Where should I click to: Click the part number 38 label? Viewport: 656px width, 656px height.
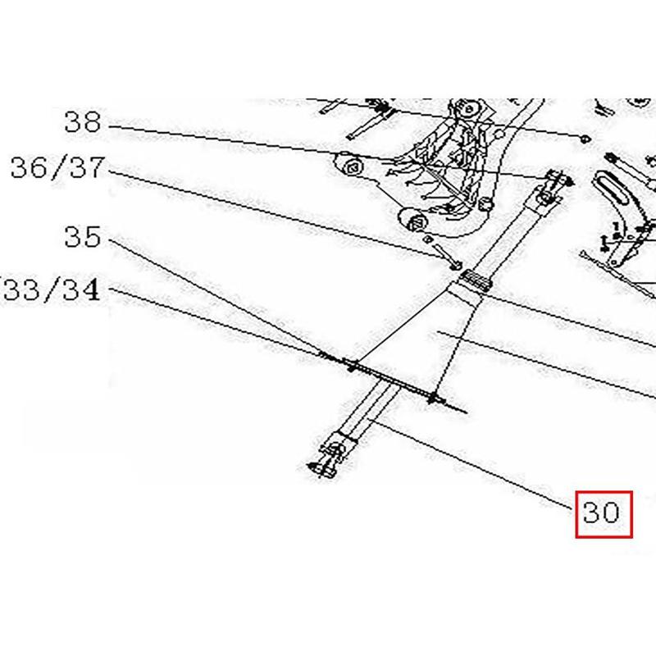tap(82, 123)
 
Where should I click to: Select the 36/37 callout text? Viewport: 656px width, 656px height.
tap(58, 170)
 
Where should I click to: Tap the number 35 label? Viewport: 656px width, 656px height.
tap(82, 238)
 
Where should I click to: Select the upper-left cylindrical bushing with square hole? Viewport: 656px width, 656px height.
tap(350, 166)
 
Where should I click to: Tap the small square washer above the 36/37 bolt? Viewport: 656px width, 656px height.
tap(427, 238)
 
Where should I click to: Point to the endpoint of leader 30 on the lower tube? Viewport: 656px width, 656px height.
tap(373, 421)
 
